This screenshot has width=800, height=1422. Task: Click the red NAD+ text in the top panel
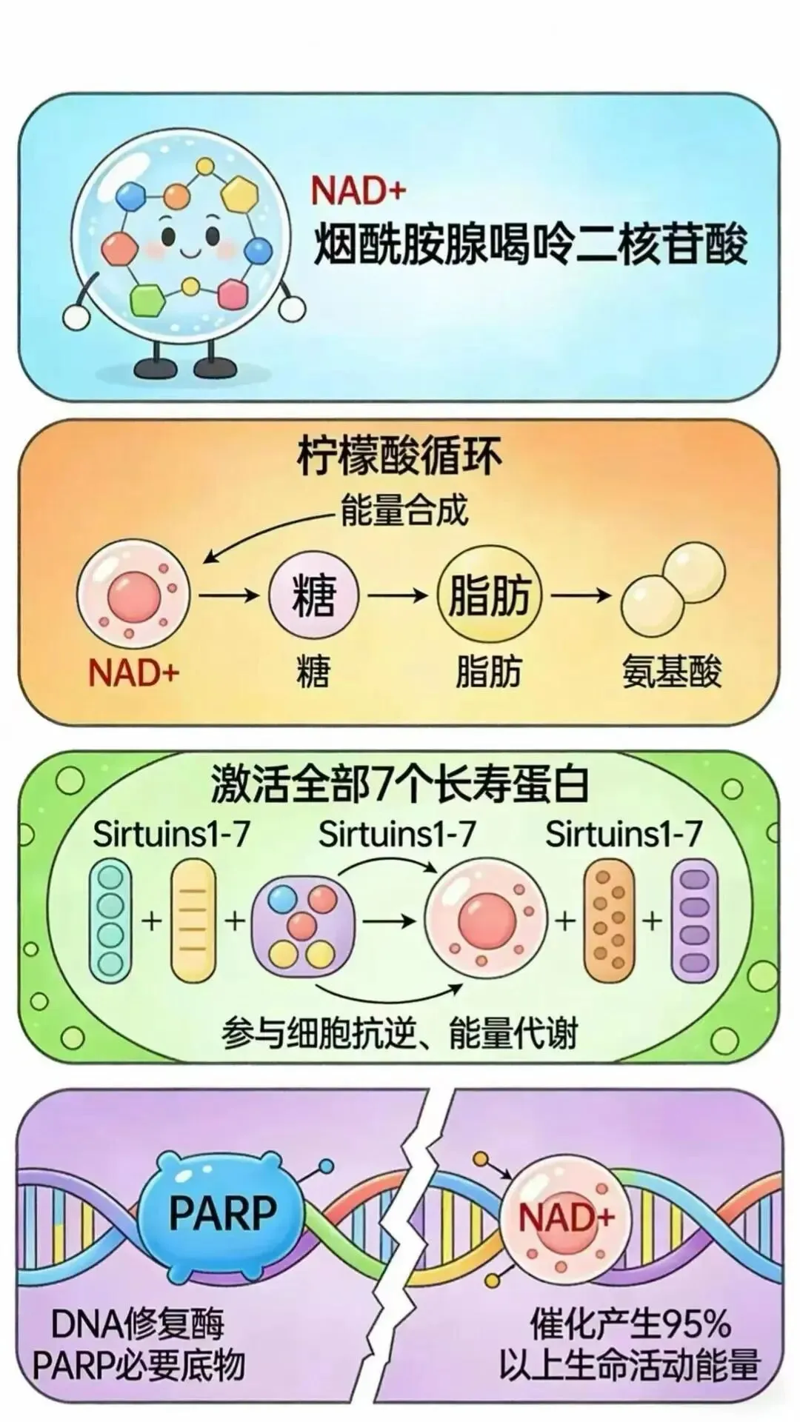pos(359,190)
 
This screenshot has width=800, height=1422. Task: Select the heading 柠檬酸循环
pos(399,456)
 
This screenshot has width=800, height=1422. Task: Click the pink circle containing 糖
pos(314,595)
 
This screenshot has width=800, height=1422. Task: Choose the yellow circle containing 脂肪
pos(490,595)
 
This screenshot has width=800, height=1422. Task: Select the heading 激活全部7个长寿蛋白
pos(400,784)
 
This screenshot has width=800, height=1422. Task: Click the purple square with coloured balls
pos(302,921)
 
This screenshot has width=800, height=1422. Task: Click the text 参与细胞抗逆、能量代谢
pos(399,1033)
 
